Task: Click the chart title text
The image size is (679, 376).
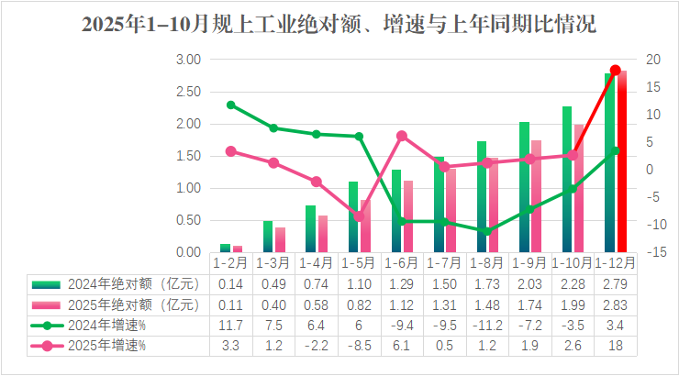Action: [x=339, y=25]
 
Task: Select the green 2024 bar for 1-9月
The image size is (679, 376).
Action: [x=524, y=187]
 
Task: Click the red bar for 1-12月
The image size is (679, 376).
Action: [x=622, y=161]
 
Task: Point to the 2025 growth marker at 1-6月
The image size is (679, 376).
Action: [x=402, y=136]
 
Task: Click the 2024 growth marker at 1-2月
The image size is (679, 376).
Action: [x=231, y=105]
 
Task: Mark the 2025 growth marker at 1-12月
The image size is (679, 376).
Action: [x=616, y=70]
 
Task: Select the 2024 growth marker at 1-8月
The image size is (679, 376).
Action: [x=487, y=231]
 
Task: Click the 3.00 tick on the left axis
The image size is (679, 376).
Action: [x=189, y=60]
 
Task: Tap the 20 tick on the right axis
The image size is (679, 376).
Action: [x=653, y=60]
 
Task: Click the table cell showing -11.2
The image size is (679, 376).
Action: [x=487, y=325]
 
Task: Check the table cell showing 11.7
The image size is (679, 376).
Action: [x=231, y=325]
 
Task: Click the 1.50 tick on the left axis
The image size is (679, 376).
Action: [x=189, y=156]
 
